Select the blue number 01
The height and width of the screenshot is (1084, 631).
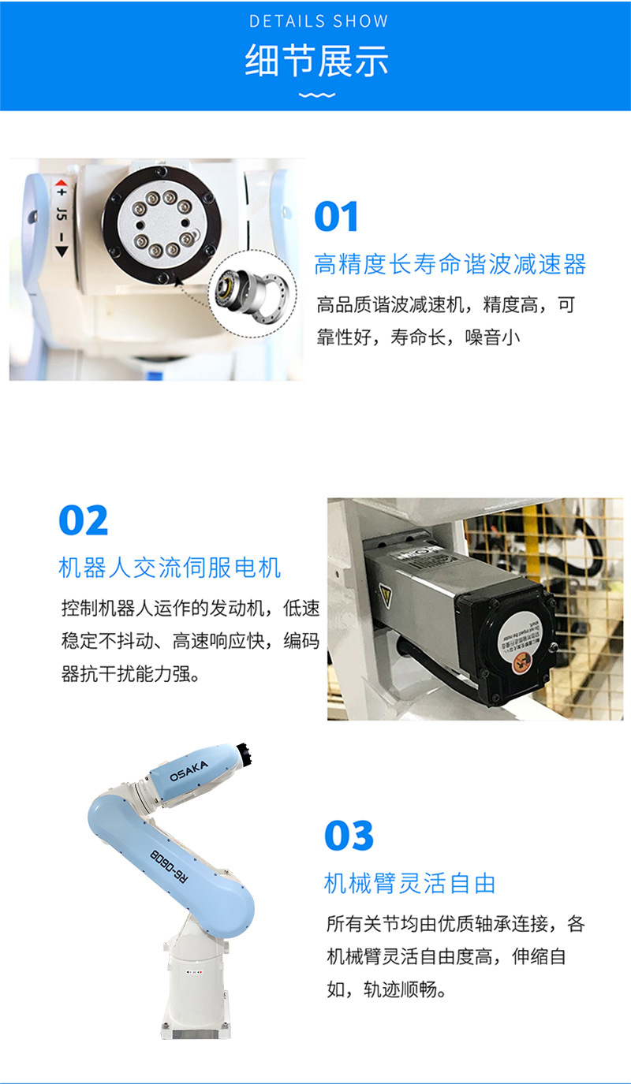(x=336, y=218)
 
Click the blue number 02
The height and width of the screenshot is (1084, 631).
(x=83, y=520)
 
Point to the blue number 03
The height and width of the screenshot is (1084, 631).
(x=349, y=836)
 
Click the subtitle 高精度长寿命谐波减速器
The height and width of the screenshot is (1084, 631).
(x=450, y=264)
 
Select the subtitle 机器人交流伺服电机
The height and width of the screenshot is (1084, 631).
(x=170, y=567)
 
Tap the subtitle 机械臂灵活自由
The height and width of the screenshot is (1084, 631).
(x=409, y=883)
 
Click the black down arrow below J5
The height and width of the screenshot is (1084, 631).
(x=62, y=251)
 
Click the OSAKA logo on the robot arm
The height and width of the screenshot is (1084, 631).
(x=189, y=770)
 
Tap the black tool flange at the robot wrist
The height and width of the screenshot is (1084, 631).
(x=245, y=752)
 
